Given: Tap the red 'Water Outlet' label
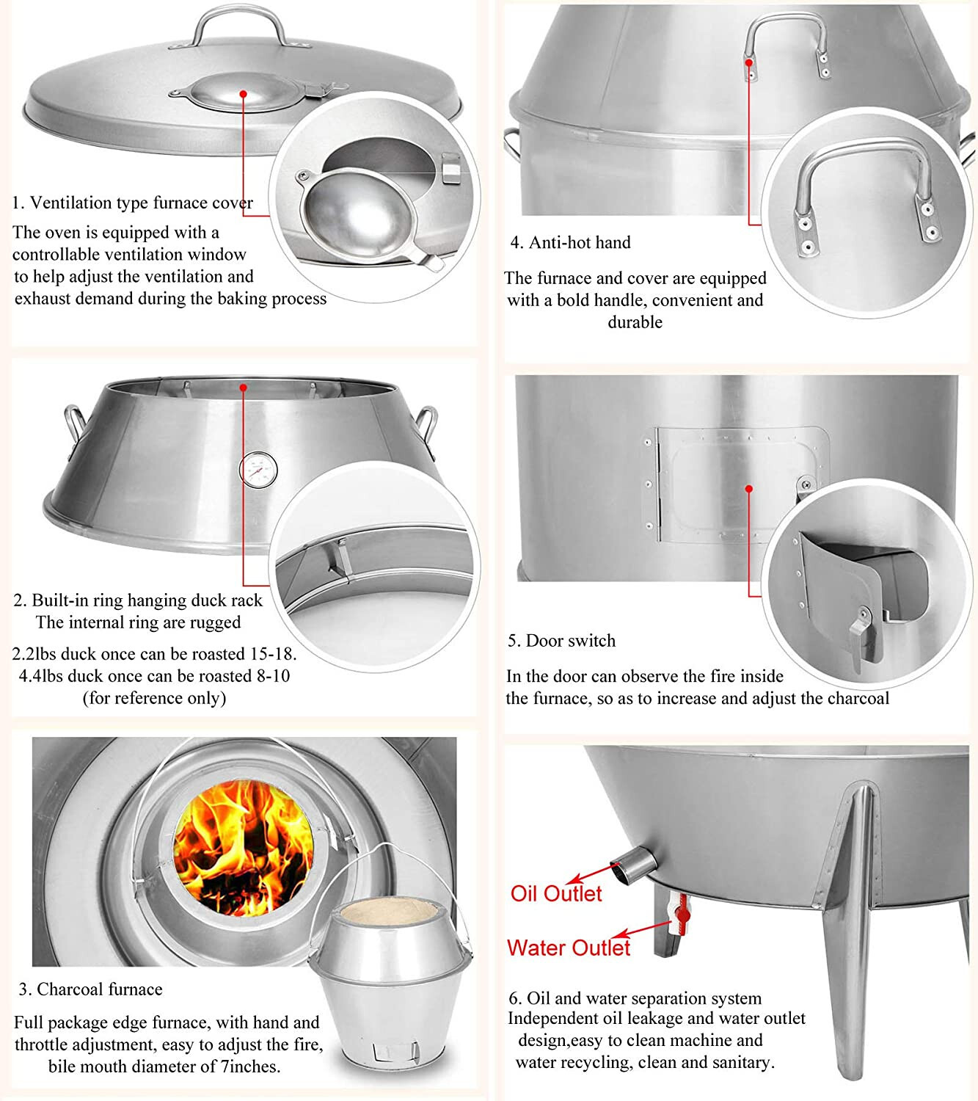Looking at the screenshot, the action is [569, 948].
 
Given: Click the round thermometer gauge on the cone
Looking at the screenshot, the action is [258, 470].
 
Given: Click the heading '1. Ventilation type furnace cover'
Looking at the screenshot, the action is [133, 203].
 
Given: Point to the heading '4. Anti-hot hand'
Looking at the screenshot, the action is [571, 242].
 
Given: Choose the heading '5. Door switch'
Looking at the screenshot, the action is [562, 641].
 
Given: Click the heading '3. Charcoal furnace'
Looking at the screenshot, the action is [90, 989].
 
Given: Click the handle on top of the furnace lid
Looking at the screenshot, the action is [240, 27].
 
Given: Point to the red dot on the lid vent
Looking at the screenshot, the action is [244, 94].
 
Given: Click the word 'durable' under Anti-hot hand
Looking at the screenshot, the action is [635, 322].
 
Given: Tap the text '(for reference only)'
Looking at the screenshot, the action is [154, 698].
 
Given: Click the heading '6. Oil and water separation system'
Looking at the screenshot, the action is [635, 998].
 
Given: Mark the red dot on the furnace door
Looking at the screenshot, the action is [748, 489].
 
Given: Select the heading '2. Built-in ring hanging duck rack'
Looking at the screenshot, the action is [138, 600].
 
